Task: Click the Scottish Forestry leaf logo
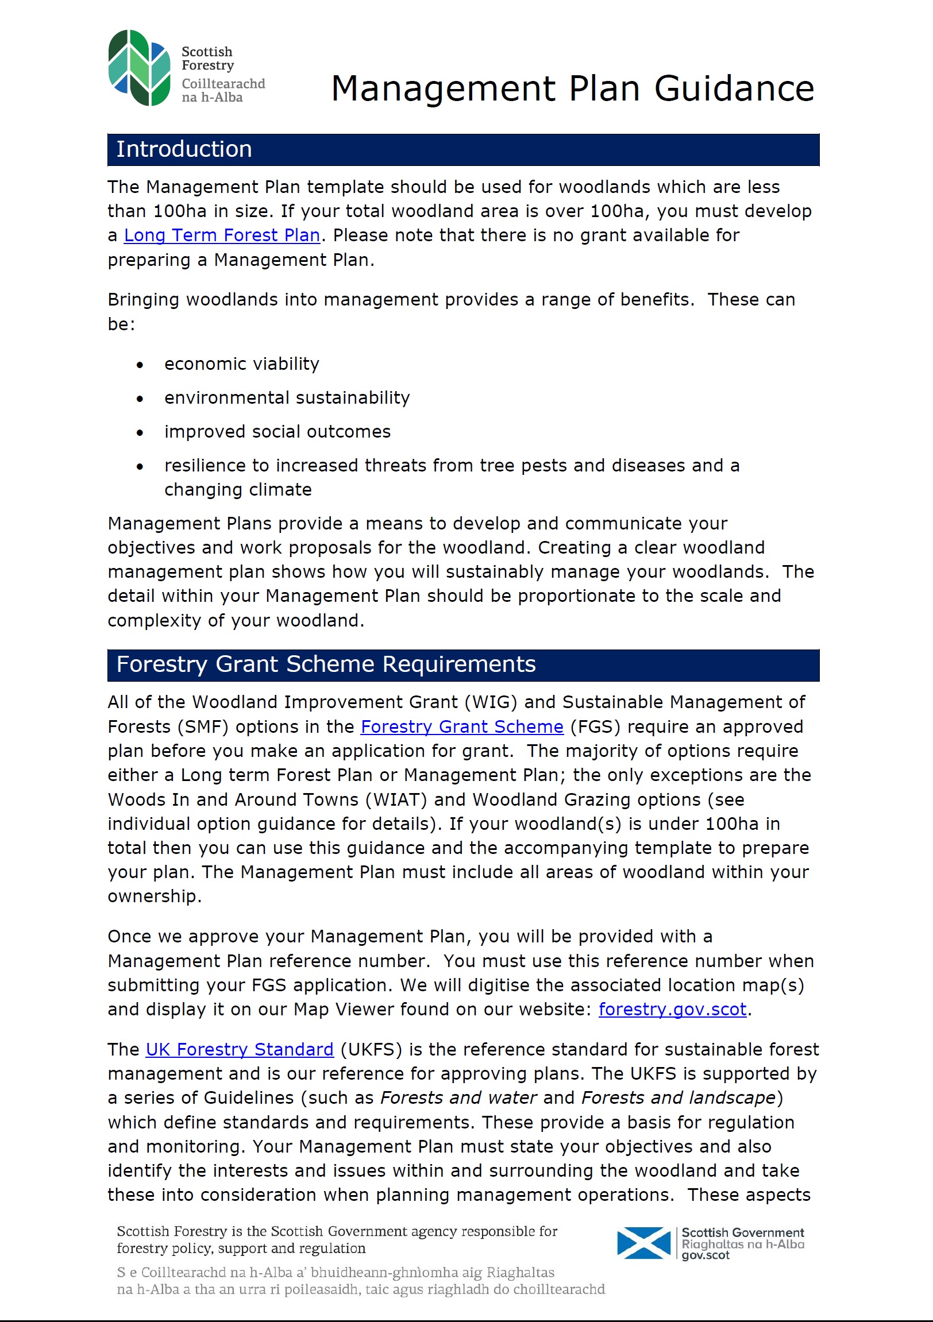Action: click(x=140, y=68)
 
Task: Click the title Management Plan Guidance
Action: click(x=572, y=88)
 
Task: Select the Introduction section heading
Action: click(x=184, y=150)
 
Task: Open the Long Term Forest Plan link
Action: click(x=222, y=235)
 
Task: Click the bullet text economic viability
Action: click(x=241, y=364)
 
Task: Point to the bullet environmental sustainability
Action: click(x=287, y=398)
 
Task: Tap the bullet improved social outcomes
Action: click(x=277, y=432)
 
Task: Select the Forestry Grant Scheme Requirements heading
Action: click(x=326, y=664)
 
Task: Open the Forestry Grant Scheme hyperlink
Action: click(x=462, y=726)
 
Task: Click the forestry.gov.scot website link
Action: click(x=672, y=1010)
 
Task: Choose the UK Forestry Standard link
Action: click(x=240, y=1050)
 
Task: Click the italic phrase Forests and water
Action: click(x=458, y=1098)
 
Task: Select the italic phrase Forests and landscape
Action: click(x=678, y=1098)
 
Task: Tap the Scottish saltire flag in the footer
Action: click(x=643, y=1243)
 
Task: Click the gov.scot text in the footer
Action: click(x=705, y=1255)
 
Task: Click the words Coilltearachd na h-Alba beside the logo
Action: click(x=223, y=90)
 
